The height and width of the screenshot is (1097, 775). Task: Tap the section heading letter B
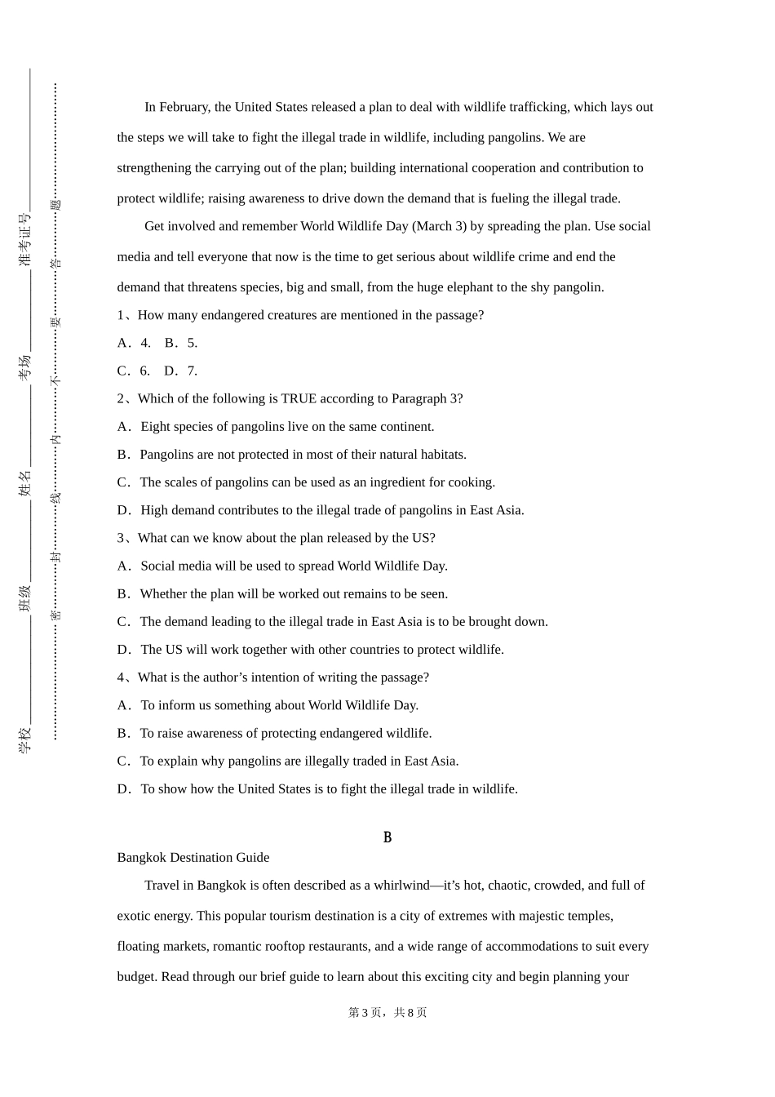click(387, 837)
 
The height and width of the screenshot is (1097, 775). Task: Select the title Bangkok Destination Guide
click(193, 857)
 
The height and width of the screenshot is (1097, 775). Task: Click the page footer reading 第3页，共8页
click(387, 1012)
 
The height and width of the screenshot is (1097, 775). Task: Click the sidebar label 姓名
click(25, 483)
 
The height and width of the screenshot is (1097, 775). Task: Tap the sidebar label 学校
click(25, 739)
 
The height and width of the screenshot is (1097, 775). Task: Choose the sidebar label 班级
click(25, 597)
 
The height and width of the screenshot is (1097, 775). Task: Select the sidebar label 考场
click(25, 366)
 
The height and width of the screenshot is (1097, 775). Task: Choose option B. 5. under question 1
click(181, 343)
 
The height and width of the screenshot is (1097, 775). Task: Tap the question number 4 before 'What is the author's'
click(121, 677)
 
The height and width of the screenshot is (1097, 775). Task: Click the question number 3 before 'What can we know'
click(121, 538)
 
